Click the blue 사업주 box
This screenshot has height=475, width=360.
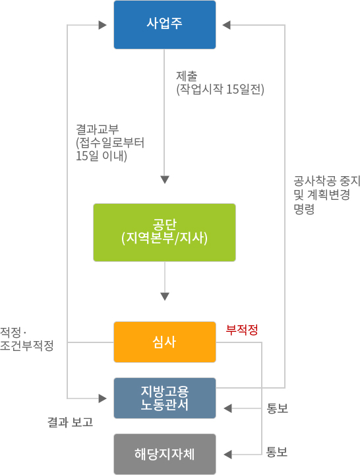165,24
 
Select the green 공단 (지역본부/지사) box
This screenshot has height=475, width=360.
164,232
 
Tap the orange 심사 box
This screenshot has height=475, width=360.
165,342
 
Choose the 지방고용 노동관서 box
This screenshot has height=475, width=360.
165,398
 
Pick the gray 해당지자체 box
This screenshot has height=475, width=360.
165,454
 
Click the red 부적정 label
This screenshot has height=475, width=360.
242,330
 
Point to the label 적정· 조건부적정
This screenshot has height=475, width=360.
26,338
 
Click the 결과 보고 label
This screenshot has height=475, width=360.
70,422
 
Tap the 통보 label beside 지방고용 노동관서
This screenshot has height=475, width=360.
277,408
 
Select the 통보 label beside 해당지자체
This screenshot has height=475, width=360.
277,452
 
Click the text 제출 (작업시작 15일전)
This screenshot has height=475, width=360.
220,82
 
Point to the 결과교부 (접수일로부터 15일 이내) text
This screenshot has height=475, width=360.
110,142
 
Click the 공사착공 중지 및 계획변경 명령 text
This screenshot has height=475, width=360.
327,195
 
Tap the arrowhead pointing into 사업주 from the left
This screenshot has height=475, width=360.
103,25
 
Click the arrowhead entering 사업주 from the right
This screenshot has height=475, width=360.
226,25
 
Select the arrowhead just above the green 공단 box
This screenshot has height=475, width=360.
165,179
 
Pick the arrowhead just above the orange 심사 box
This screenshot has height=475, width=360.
165,296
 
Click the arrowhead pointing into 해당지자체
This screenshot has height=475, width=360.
227,455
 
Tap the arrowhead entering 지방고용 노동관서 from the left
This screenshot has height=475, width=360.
103,398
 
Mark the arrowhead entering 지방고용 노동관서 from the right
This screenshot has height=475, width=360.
227,408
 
